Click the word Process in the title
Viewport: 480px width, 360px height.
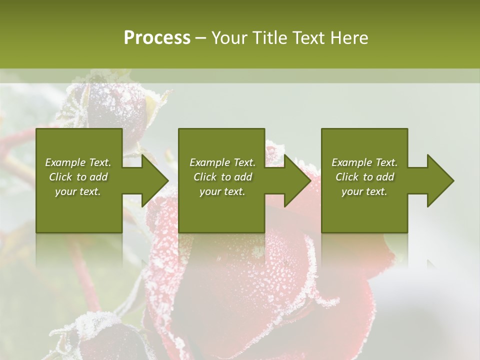[157, 38]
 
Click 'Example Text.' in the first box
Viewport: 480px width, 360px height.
[78, 162]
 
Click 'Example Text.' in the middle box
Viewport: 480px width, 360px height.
[222, 162]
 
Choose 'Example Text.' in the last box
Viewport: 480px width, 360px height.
[364, 162]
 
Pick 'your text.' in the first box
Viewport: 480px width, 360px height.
[78, 191]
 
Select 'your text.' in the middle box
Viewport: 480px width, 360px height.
[222, 191]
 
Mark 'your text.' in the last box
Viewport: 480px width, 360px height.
[364, 191]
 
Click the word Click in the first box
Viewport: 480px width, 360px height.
[60, 177]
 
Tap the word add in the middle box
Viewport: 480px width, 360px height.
[242, 177]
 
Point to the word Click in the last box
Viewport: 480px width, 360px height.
[347, 177]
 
